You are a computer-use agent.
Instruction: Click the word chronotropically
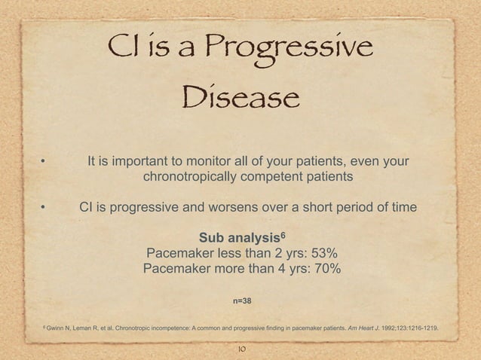[198, 178]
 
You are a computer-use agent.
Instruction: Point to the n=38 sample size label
[242, 301]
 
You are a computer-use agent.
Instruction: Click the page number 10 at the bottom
[241, 349]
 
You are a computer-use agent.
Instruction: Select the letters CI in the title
[123, 50]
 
